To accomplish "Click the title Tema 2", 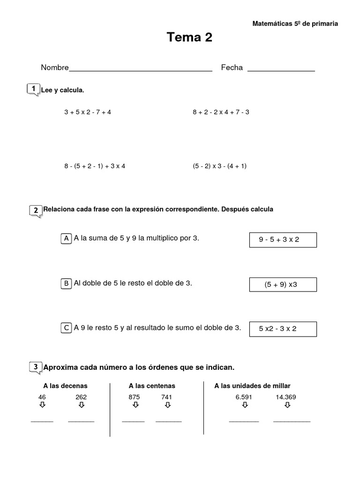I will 189,38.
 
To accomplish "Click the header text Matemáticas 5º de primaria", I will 295,23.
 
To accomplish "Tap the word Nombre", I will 55,67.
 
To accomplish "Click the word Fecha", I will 232,67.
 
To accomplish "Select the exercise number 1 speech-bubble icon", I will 34,89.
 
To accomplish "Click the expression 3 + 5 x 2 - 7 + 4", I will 88,112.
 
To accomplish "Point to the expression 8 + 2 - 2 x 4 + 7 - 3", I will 221,112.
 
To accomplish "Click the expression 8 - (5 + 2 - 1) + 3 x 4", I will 95,166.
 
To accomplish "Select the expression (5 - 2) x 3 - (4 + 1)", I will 219,166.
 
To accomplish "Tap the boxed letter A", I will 67,239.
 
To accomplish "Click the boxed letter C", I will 67,328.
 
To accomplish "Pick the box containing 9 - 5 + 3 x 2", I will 283,240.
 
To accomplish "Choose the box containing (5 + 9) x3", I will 283,284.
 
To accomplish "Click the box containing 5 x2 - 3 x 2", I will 283,329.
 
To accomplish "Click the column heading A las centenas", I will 152,386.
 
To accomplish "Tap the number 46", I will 42,397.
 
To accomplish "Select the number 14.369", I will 286,397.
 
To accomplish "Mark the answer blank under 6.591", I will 244,421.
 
